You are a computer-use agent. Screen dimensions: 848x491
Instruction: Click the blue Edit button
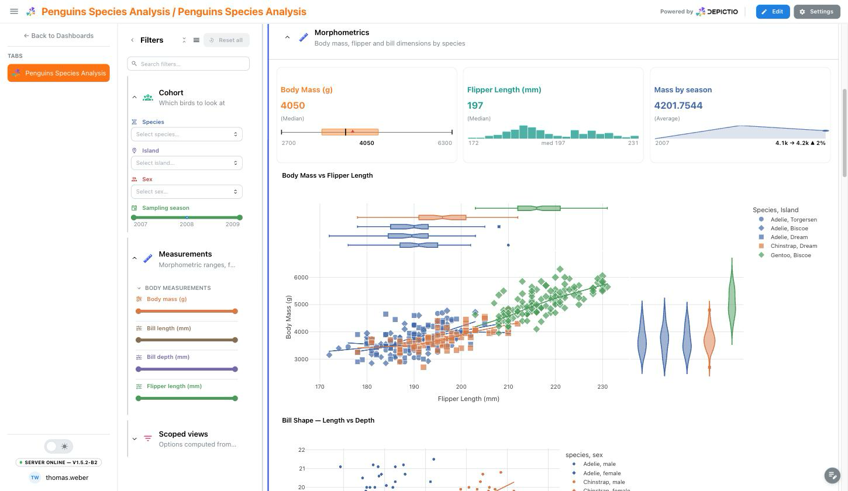[x=773, y=12]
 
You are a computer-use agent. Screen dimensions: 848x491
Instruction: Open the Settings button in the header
[x=816, y=12]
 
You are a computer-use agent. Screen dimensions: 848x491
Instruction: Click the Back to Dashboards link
[x=58, y=36]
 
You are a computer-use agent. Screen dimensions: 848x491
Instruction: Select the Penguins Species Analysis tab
[x=58, y=73]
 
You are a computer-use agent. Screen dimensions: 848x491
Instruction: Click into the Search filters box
[x=188, y=64]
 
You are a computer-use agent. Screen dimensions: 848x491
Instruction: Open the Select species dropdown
[x=187, y=134]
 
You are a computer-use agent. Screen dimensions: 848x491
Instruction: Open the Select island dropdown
[x=187, y=163]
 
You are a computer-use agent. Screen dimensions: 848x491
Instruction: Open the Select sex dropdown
[x=187, y=192]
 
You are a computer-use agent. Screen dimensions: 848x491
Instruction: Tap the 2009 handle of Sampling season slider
[x=240, y=217]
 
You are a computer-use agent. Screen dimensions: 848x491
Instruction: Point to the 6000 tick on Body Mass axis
[x=301, y=277]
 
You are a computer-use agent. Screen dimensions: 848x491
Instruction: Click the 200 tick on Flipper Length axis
[x=461, y=386]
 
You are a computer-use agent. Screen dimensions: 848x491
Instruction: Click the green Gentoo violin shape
[x=732, y=303]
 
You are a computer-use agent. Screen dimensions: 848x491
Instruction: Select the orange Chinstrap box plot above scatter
[x=442, y=217]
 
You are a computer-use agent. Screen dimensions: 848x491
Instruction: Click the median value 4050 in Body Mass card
[x=292, y=106]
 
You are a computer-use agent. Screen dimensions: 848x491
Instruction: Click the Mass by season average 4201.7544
[x=678, y=106]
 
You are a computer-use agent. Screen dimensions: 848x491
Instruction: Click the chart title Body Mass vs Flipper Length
[x=328, y=175]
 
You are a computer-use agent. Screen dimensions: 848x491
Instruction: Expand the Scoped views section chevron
[x=135, y=439]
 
